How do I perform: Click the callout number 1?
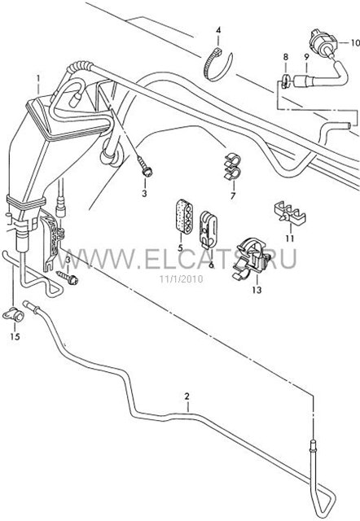click(x=38, y=80)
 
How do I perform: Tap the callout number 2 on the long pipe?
click(x=187, y=396)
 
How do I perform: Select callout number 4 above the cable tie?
click(x=218, y=31)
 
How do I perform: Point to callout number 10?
click(x=355, y=43)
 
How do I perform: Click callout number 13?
click(x=257, y=290)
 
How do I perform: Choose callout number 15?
click(x=15, y=336)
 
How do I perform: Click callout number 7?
click(x=233, y=196)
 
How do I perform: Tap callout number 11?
click(x=289, y=239)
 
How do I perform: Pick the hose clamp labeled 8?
click(x=284, y=81)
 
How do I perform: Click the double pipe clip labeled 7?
click(x=233, y=167)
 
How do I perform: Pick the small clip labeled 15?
click(x=13, y=314)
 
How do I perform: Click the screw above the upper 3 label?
click(x=145, y=168)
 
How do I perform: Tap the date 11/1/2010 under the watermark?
click(x=181, y=278)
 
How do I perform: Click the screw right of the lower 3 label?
click(x=68, y=277)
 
